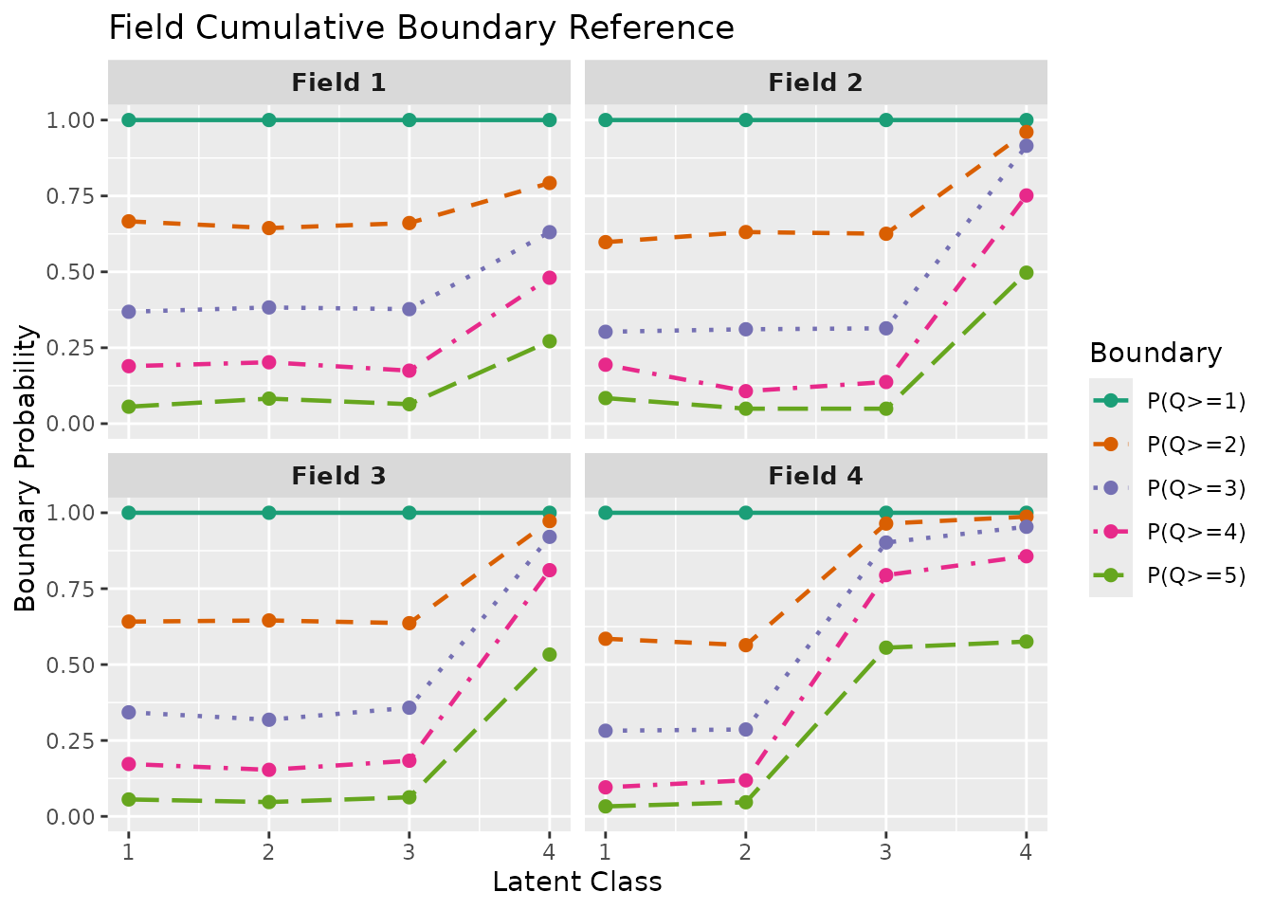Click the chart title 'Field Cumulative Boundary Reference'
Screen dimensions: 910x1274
[421, 27]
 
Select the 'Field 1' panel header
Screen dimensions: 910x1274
[338, 82]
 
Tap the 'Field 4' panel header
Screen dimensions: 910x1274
[815, 476]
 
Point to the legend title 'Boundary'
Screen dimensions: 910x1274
[1156, 353]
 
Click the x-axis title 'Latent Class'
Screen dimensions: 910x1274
[576, 882]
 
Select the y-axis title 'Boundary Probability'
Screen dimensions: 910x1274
[26, 468]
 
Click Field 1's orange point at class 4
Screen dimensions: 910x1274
[549, 183]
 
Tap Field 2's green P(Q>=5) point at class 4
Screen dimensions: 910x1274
[1026, 273]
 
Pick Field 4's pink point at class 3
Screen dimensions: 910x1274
[885, 575]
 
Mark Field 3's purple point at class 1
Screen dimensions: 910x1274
[129, 712]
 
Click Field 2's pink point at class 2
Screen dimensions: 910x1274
[745, 391]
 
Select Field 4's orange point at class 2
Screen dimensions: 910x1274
[745, 645]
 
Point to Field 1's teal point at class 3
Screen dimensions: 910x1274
[409, 119]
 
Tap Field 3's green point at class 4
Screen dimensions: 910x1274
[549, 654]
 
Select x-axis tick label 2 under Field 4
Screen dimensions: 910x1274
[745, 850]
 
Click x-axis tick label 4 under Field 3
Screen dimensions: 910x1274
[549, 850]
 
